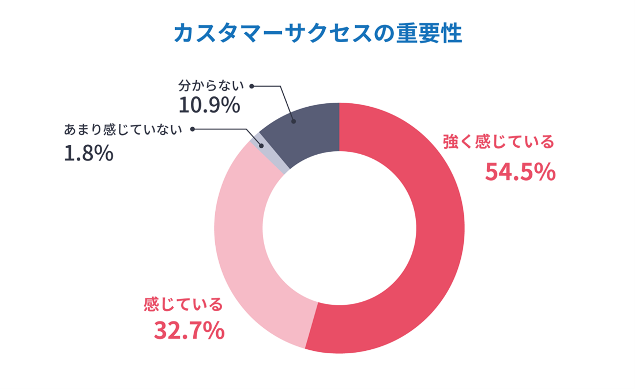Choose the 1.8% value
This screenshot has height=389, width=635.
pyautogui.click(x=89, y=154)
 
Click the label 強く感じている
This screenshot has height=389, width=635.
pyautogui.click(x=499, y=142)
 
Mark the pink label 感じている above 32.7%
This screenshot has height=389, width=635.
pyautogui.click(x=183, y=304)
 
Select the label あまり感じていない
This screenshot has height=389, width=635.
pyautogui.click(x=123, y=130)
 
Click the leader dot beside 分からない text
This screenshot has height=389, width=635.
pyautogui.click(x=252, y=86)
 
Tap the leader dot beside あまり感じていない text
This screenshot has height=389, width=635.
pyautogui.click(x=192, y=129)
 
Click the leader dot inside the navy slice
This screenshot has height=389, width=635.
pyautogui.click(x=293, y=121)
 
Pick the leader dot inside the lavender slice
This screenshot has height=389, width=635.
pyautogui.click(x=262, y=145)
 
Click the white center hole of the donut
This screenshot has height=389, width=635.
pyautogui.click(x=339, y=228)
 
